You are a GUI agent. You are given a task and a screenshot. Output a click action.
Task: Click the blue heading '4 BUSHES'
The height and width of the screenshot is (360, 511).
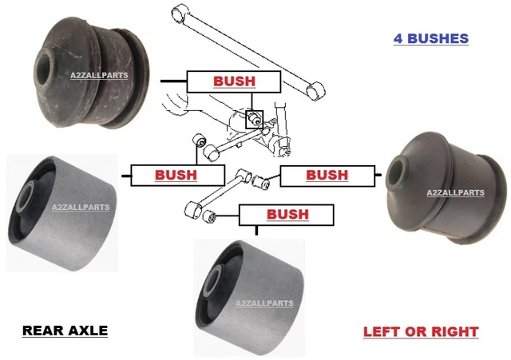tap(431, 38)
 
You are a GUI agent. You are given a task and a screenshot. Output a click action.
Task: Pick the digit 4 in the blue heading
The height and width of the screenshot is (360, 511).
tap(398, 38)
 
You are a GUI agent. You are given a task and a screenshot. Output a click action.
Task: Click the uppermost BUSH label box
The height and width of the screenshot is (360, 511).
tap(233, 81)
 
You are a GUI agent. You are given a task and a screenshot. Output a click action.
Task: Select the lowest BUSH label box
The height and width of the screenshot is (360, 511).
tap(287, 214)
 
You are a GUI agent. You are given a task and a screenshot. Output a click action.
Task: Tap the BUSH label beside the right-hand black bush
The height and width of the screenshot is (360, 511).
tap(327, 174)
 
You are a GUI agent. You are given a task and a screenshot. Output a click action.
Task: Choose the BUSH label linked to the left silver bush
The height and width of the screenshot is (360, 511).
tap(175, 174)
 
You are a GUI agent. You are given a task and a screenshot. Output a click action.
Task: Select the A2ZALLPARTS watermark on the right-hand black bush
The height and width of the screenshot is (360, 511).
tap(455, 192)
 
